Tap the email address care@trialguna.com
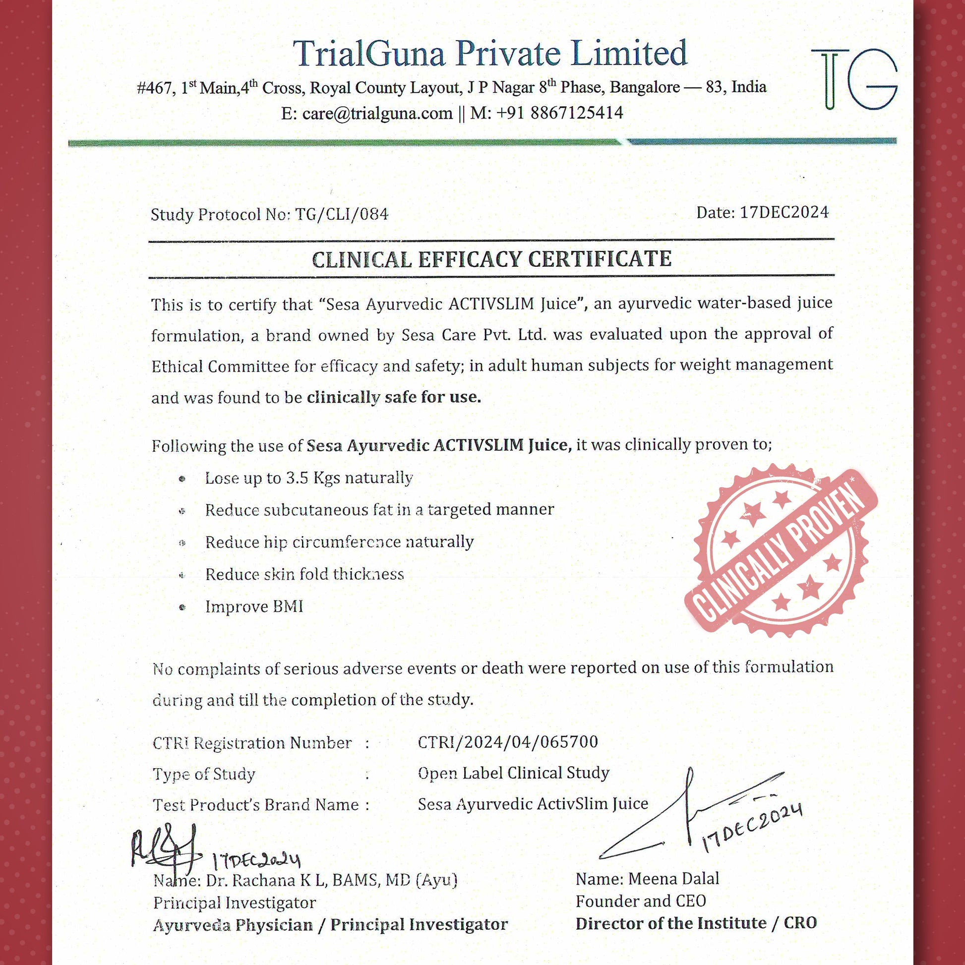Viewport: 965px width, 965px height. [377, 114]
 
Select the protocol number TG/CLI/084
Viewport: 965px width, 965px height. [342, 214]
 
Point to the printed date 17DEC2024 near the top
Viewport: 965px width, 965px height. [784, 212]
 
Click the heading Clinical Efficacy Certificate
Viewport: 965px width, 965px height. [491, 259]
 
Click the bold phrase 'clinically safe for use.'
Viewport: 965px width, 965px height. [394, 397]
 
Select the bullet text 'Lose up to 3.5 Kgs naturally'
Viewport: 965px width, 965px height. [308, 478]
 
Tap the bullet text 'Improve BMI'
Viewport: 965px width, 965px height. [254, 606]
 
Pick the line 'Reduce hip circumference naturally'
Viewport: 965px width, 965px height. [339, 542]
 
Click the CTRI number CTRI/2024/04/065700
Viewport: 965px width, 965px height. [507, 742]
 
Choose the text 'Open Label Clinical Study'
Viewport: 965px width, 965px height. [513, 773]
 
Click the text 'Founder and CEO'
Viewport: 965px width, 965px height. [641, 901]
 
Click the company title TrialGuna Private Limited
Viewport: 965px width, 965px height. [489, 53]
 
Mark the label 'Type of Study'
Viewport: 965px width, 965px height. [204, 774]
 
